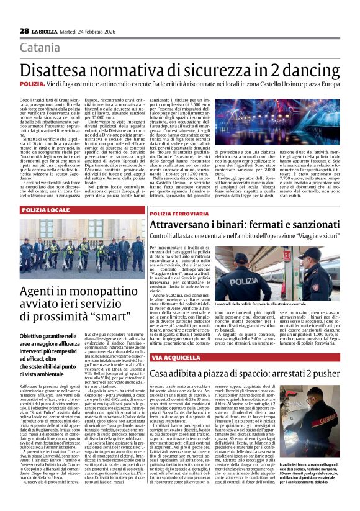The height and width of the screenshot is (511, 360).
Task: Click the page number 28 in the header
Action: (x=24, y=31)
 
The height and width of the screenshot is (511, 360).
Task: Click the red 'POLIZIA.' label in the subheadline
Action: (x=32, y=83)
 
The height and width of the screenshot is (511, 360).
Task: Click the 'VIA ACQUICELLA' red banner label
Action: (x=174, y=358)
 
